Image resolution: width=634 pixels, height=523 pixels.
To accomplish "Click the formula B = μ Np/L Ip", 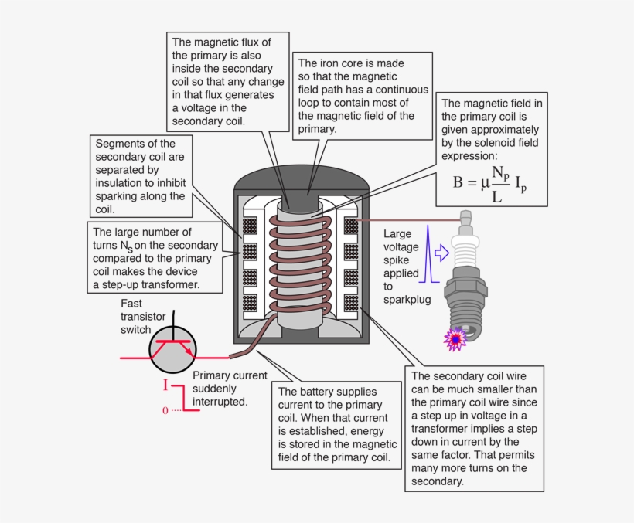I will pyautogui.click(x=491, y=183).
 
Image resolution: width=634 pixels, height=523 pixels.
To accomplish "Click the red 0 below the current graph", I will pyautogui.click(x=165, y=410).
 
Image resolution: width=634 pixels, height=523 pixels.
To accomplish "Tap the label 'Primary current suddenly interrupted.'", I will pyautogui.click(x=219, y=388).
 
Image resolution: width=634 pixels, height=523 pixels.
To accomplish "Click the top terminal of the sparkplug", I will pyautogui.click(x=465, y=219).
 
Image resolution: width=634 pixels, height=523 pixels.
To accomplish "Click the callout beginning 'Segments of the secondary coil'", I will pyautogui.click(x=139, y=176).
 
